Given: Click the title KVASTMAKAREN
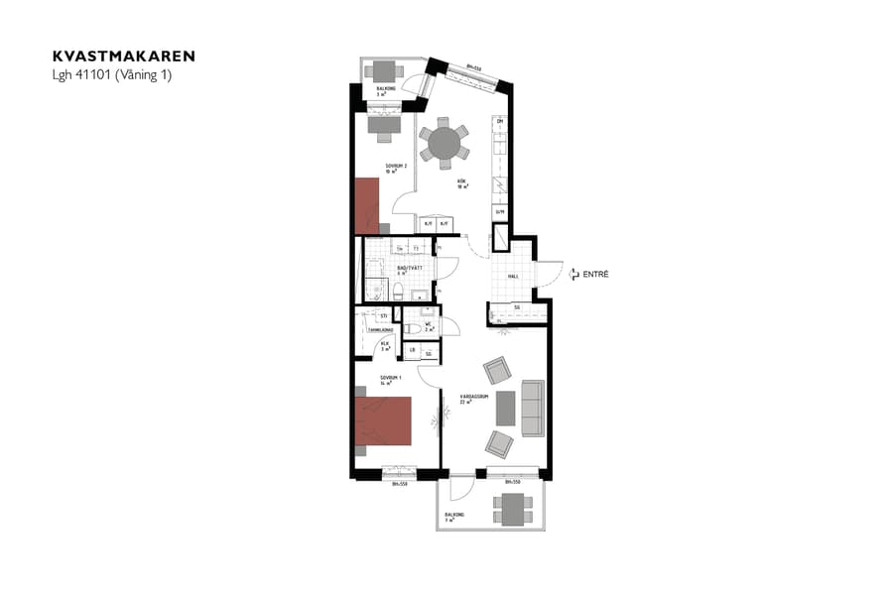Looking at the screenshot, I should [124, 57].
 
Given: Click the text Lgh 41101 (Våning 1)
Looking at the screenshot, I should [112, 75].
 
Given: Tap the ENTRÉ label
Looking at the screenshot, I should [595, 274].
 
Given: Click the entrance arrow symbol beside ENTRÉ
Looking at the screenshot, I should [573, 274].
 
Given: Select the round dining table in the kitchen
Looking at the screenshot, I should [445, 143].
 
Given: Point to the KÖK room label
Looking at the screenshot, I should [461, 182].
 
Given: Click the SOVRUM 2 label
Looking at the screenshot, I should [395, 167].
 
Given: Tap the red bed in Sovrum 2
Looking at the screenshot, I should [367, 205].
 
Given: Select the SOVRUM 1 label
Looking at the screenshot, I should [390, 378].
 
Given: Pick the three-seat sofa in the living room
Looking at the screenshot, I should [533, 409].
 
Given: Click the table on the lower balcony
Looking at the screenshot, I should [513, 508].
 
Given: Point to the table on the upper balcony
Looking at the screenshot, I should [383, 70].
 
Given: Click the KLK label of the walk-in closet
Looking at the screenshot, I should [384, 346].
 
